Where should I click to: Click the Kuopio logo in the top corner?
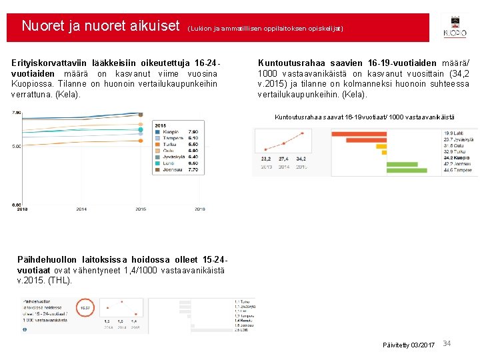455,27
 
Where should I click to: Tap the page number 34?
447,343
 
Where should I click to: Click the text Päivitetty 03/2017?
409,345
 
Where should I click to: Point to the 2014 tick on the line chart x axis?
81,209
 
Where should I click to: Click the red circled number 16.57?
85,308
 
